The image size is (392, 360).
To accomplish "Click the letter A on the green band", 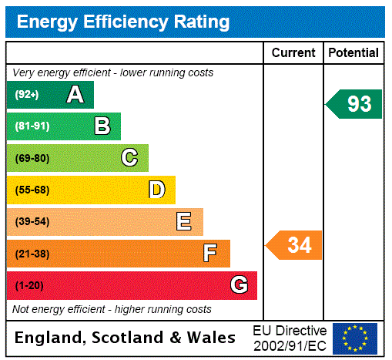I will pyautogui.click(x=75, y=95).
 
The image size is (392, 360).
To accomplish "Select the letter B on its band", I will pyautogui.click(x=102, y=126).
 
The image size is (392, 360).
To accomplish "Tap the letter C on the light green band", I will pyautogui.click(x=129, y=158).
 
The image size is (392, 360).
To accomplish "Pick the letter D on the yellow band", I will pyautogui.click(x=156, y=190).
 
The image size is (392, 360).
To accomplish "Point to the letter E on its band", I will pyautogui.click(x=183, y=222).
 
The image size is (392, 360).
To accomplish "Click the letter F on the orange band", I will pyautogui.click(x=209, y=254).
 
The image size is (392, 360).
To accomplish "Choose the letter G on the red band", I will pyautogui.click(x=239, y=285).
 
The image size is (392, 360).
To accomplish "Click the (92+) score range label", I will pyautogui.click(x=27, y=95).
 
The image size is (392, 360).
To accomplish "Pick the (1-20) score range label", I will pyautogui.click(x=29, y=285).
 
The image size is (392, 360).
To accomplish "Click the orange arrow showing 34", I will pyautogui.click(x=295, y=246).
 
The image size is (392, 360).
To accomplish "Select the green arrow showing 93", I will pyautogui.click(x=354, y=104).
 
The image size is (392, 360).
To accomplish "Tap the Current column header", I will pyautogui.click(x=293, y=53).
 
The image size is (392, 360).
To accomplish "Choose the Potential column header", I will pyautogui.click(x=353, y=53).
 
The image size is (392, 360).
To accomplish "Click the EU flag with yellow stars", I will pyautogui.click(x=355, y=338).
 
